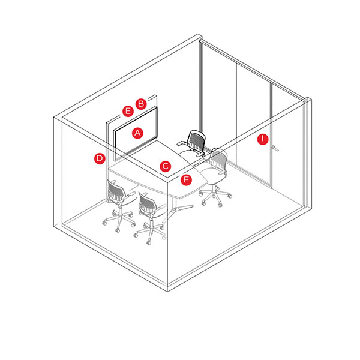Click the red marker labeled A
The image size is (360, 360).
tap(138, 133)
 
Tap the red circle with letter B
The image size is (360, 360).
tap(141, 104)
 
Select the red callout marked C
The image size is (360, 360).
tap(166, 166)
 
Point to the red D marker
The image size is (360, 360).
tap(100, 158)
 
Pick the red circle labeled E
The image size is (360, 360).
tap(128, 111)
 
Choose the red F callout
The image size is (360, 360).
tap(186, 179)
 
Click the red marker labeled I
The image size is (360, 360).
tap(263, 139)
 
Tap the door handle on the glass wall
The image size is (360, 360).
tap(275, 148)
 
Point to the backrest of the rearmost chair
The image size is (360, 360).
tap(196, 140)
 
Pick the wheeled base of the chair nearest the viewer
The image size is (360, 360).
tap(150, 232)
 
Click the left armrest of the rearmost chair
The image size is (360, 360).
tap(181, 144)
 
